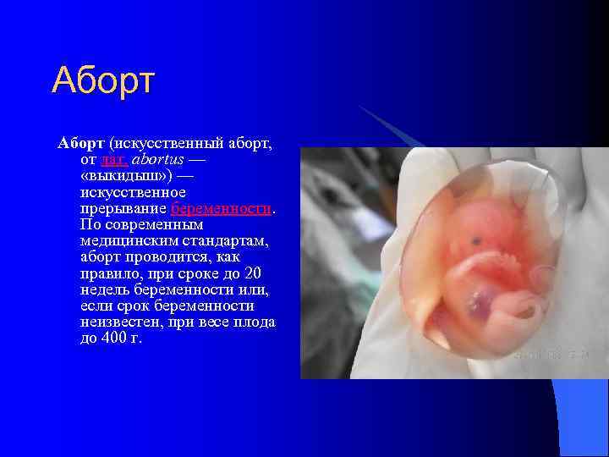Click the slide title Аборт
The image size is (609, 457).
pos(103,80)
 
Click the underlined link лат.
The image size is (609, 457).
pos(113,160)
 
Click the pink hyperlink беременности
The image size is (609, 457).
pos(222,208)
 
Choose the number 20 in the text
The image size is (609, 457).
pos(252,273)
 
